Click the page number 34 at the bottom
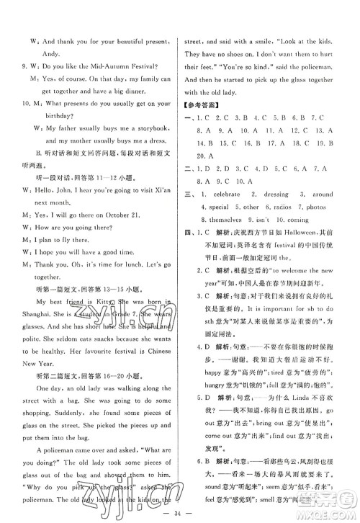tap(180, 513)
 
